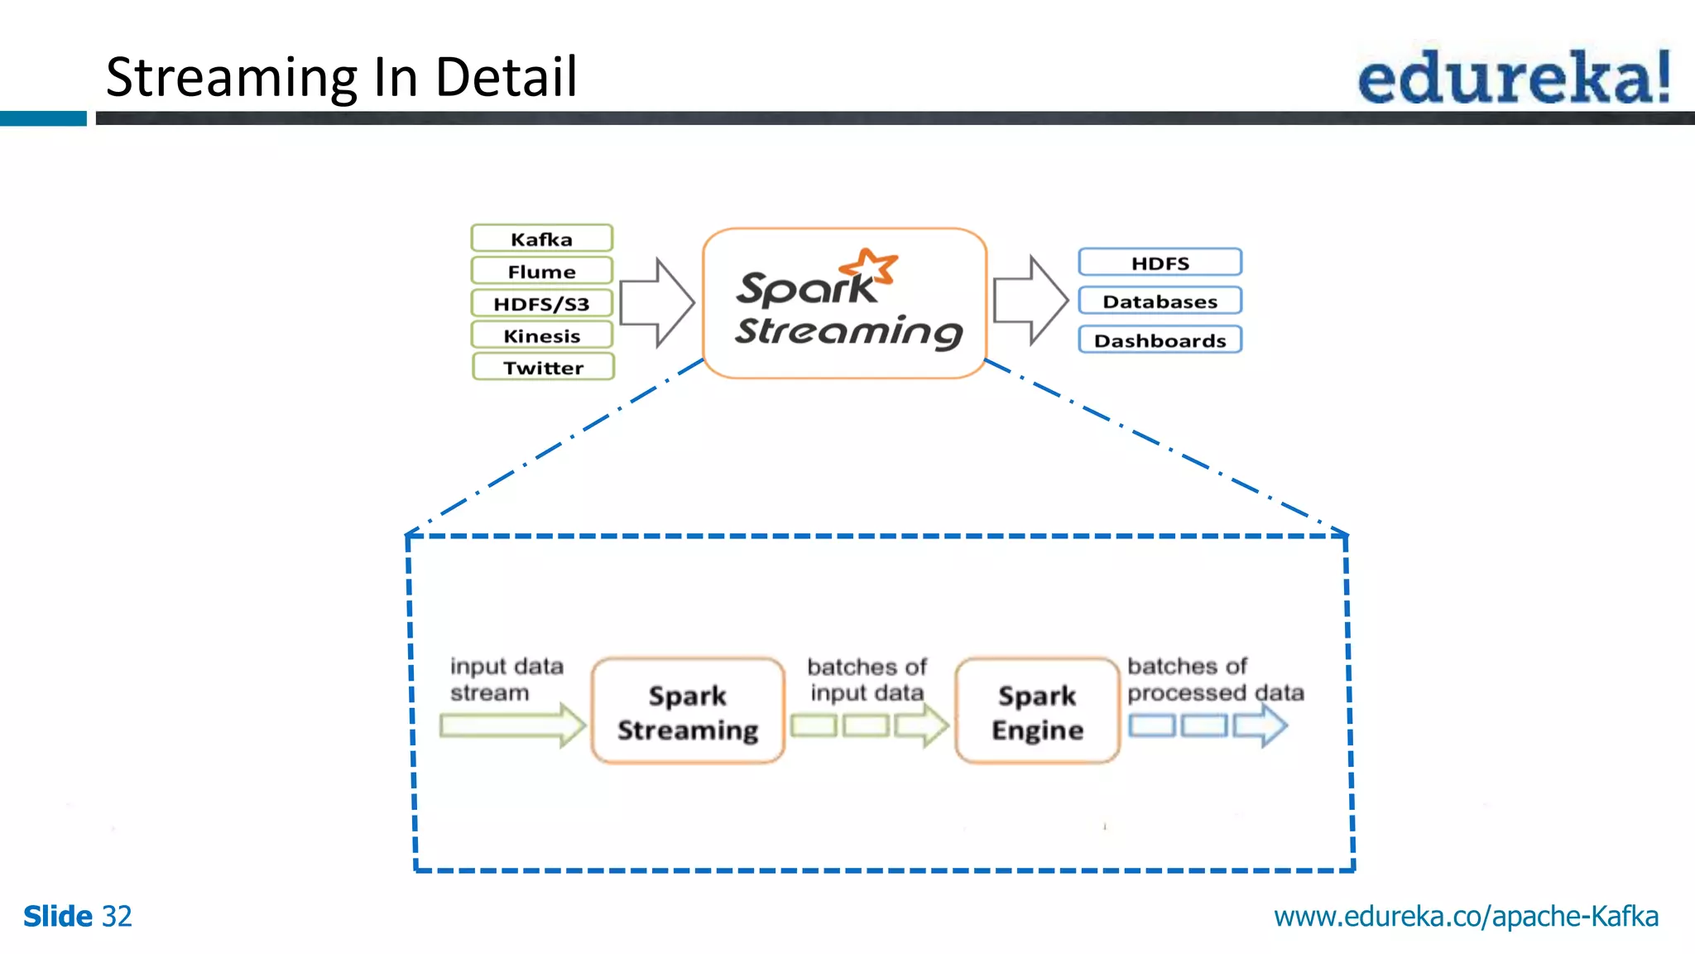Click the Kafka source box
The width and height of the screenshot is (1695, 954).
coord(541,238)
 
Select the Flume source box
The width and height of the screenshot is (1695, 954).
coord(541,271)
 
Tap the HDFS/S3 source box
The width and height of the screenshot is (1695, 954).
coord(541,303)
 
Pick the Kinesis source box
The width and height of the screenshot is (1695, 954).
coord(541,335)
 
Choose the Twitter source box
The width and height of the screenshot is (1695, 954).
coord(543,367)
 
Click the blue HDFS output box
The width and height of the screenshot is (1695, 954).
coord(1160,263)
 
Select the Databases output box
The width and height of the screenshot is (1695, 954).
coord(1160,301)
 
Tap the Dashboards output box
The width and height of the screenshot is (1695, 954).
coord(1160,340)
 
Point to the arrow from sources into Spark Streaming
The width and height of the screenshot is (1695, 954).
coord(656,302)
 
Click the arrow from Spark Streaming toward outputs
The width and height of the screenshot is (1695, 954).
coord(1030,300)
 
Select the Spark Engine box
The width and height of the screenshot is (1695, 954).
coord(1037,711)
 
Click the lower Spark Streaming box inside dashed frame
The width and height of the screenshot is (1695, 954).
coord(687,711)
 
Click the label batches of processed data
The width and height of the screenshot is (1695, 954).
coord(1214,679)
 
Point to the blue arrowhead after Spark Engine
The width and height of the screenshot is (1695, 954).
coord(1262,725)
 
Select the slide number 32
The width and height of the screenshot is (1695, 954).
coord(116,917)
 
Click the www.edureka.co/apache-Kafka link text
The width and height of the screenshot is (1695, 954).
coord(1466,917)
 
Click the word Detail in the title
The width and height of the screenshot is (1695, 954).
coord(506,77)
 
